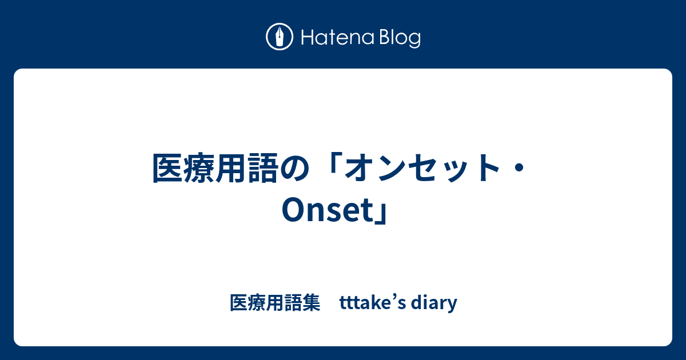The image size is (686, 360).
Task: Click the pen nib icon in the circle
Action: click(x=280, y=37)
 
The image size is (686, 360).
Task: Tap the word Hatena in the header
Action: click(x=338, y=38)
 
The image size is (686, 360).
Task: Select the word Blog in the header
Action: click(x=400, y=39)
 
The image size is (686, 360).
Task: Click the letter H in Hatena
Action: click(x=308, y=38)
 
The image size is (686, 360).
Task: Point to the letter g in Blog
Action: click(x=414, y=41)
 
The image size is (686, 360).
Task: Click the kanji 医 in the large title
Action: click(x=167, y=168)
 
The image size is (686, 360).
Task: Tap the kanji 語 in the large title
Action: click(x=263, y=168)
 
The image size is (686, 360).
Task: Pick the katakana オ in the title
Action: click(x=359, y=168)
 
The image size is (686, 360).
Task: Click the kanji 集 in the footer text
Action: click(x=312, y=302)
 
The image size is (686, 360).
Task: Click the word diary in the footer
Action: click(x=434, y=303)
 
